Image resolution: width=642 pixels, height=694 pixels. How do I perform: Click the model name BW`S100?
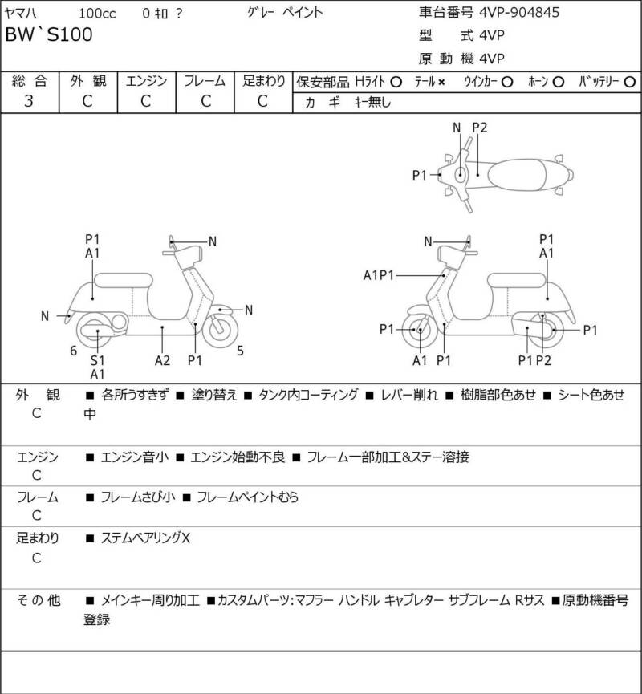click(49, 34)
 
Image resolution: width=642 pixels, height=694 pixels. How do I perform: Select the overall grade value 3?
click(29, 101)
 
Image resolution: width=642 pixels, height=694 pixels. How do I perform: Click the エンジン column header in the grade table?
click(146, 80)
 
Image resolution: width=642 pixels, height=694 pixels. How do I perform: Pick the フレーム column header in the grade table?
click(205, 80)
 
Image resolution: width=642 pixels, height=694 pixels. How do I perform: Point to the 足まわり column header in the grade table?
click(264, 80)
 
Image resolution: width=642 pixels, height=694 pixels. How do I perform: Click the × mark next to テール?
click(441, 82)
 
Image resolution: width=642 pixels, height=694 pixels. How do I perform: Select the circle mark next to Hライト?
click(396, 82)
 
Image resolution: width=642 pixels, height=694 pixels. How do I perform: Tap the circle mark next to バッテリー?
click(629, 82)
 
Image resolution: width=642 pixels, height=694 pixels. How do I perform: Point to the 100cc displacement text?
click(95, 13)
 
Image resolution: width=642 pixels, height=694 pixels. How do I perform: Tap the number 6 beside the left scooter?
click(73, 350)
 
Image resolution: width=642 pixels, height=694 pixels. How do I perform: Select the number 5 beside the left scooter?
click(239, 350)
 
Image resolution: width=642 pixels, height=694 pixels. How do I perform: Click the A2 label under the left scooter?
click(162, 360)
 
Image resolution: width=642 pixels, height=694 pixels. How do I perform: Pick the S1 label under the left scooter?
click(96, 360)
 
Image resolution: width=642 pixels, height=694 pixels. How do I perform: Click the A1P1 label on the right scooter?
click(379, 275)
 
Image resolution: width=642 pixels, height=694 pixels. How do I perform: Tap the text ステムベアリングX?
click(145, 538)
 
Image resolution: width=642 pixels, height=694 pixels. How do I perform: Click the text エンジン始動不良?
click(234, 457)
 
